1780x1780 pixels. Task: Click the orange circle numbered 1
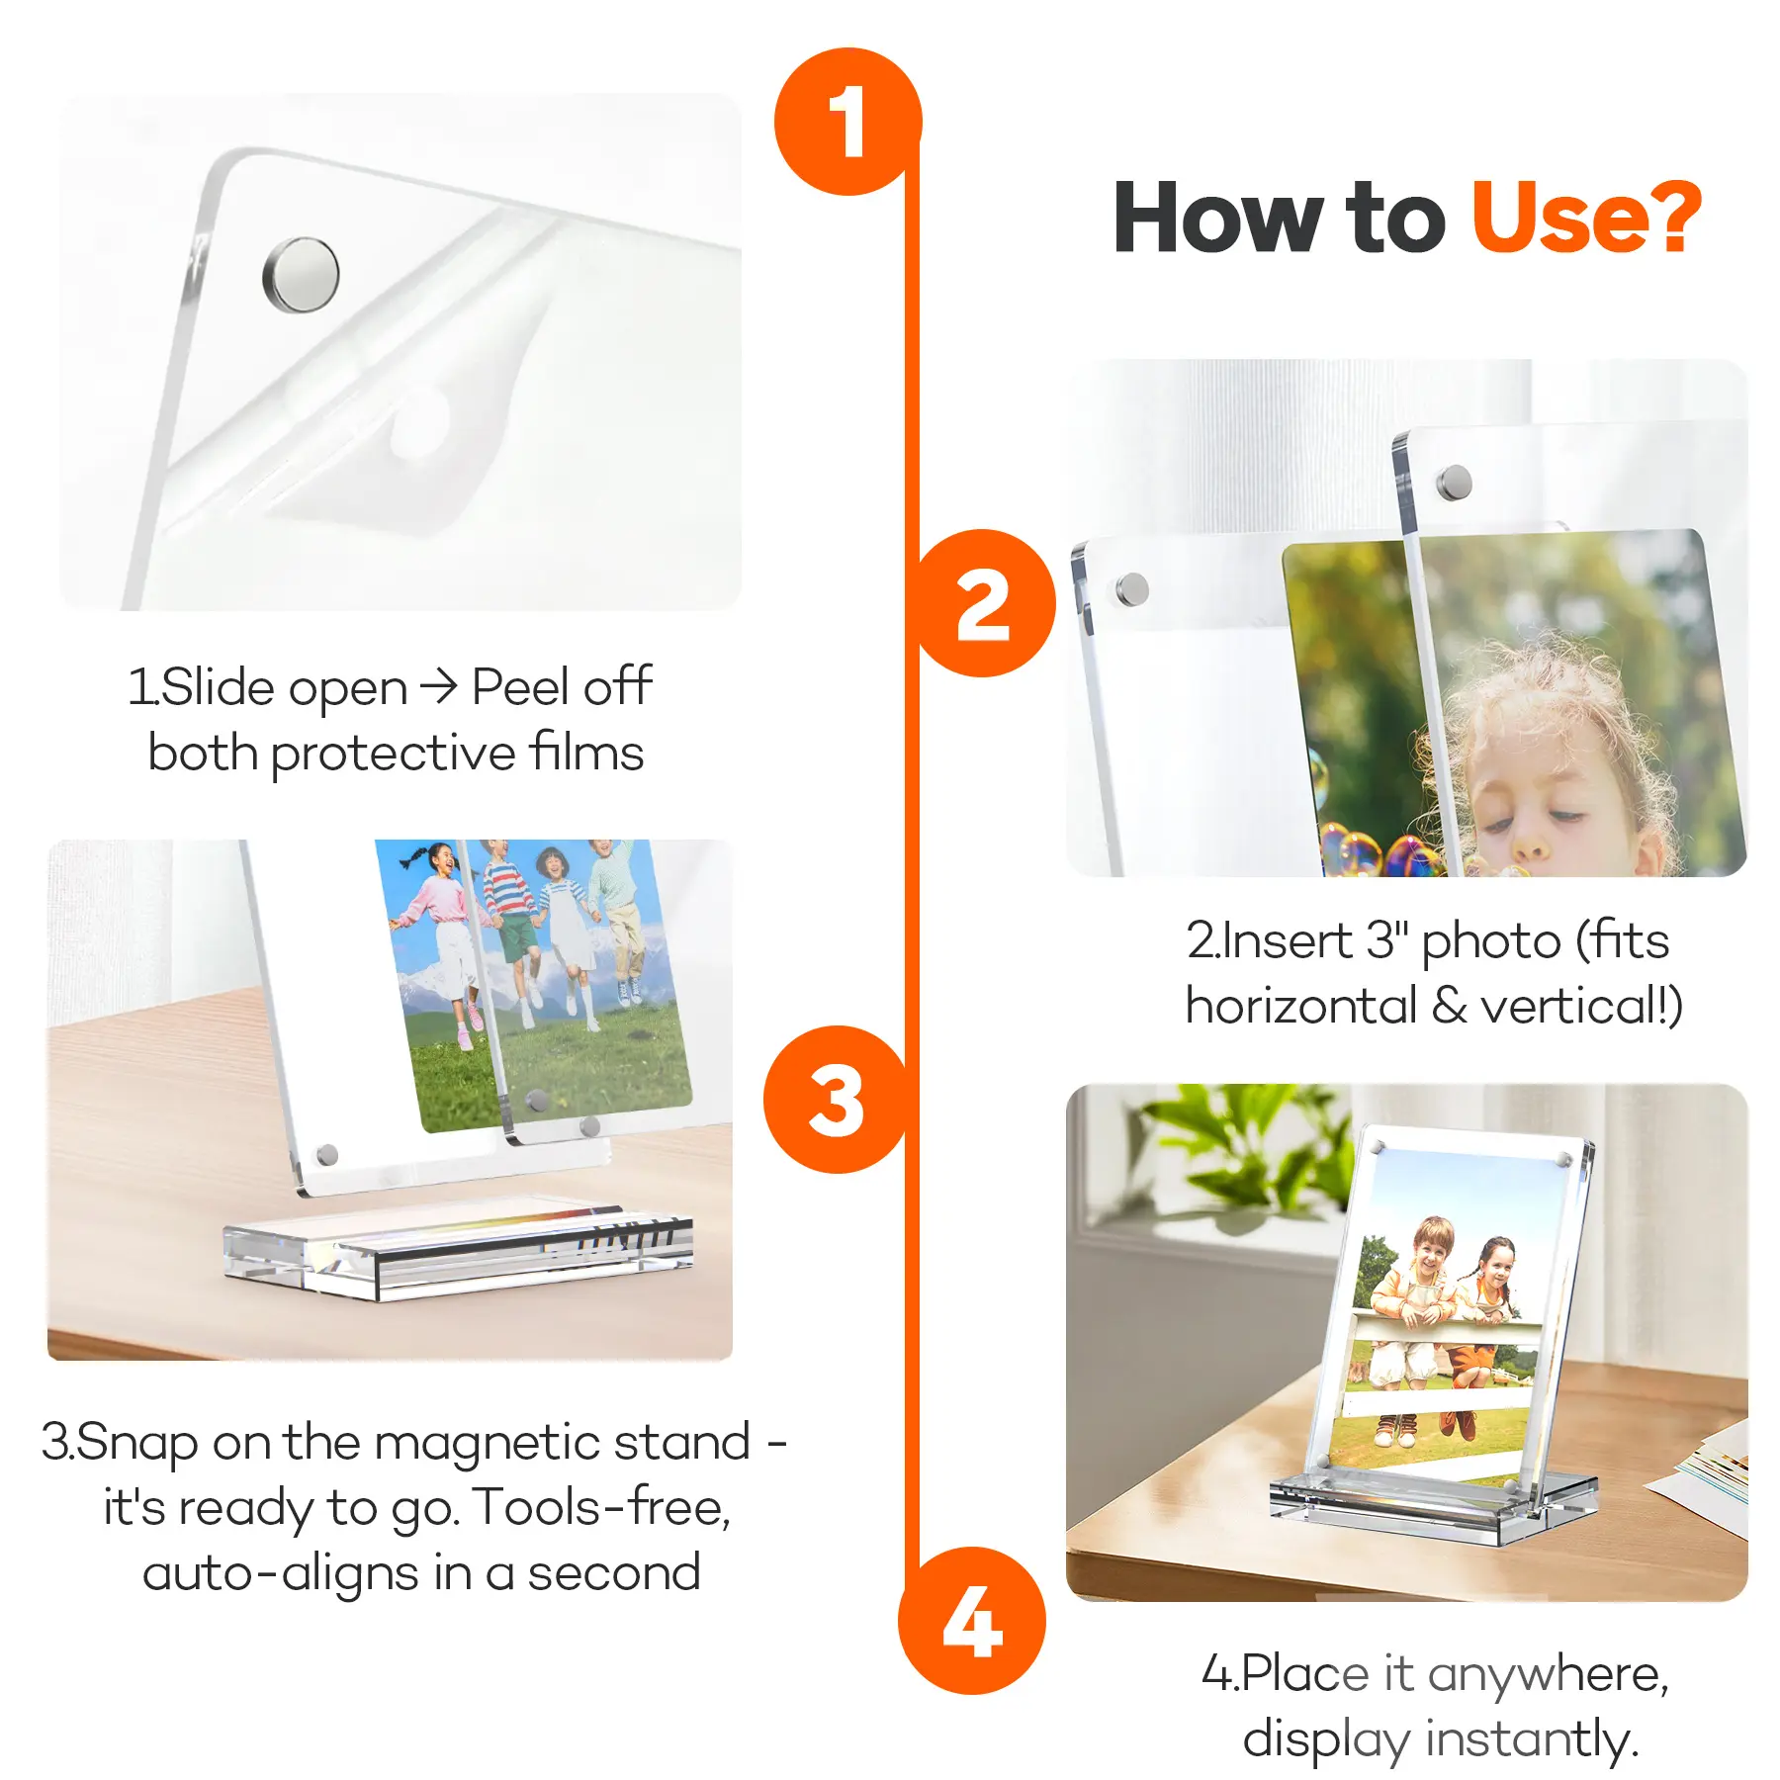847,122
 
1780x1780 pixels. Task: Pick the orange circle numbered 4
972,1621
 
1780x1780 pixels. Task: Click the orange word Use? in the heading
1586,218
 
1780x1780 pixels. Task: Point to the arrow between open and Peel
438,685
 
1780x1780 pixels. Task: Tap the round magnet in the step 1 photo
301,275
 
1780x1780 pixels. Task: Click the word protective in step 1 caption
393,754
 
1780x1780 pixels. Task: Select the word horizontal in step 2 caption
1301,1007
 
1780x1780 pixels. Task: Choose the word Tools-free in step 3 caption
600,1508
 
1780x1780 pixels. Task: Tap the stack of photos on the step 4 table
1706,1473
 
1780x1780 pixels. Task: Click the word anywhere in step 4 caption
1548,1675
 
